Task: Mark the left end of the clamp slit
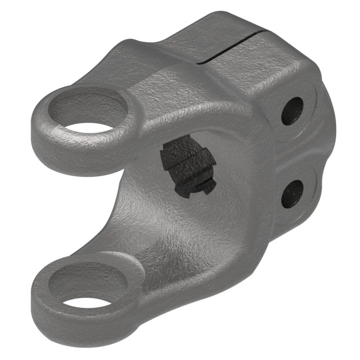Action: (199, 63)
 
